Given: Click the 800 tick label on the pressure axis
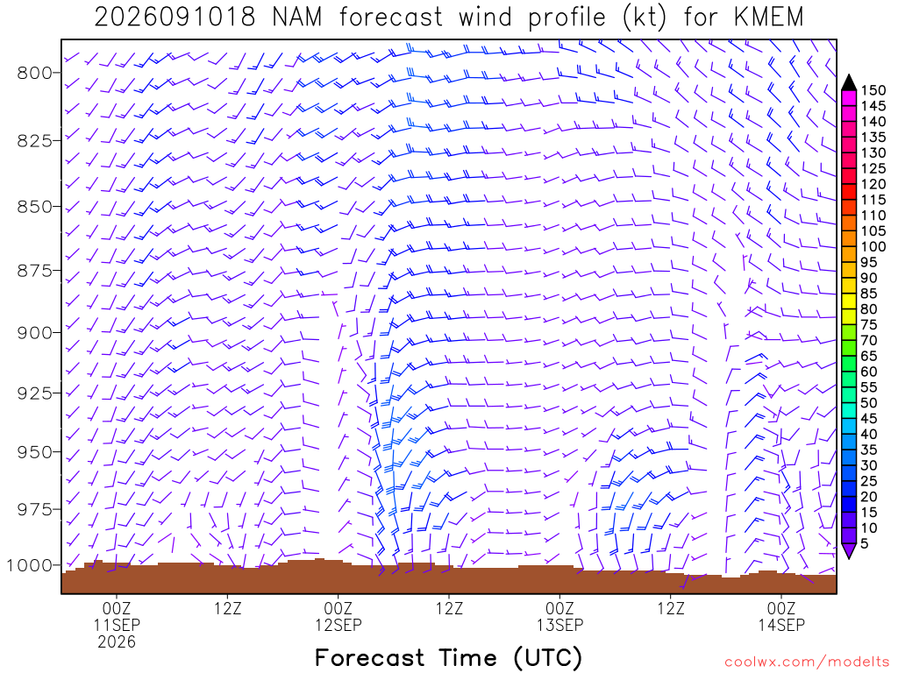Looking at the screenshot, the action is coord(35,73).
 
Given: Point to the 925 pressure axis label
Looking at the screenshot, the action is coord(35,393).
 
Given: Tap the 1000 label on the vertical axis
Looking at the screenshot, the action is coord(30,565).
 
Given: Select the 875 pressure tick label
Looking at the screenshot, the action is coord(35,271).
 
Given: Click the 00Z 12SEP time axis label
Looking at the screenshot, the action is coord(338,616).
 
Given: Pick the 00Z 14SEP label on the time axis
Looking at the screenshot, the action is coord(781,616).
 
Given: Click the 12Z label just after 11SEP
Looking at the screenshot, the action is coord(228,608).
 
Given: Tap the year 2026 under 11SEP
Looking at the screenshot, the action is coord(117,642).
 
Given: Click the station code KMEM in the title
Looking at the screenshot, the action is coord(769,18).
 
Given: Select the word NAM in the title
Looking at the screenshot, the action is coord(297,18).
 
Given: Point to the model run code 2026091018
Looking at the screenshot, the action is coord(175,18).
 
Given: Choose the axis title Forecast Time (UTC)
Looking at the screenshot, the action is coord(449,657).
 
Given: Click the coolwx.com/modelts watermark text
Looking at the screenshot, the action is coord(807,662).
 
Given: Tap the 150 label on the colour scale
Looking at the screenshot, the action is coord(873,90).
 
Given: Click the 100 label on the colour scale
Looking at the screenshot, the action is coord(873,246).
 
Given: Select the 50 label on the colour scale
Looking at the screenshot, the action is coord(869,403).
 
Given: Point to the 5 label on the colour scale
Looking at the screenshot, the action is coord(865,543).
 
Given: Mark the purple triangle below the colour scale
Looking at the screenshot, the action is coord(849,550).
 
